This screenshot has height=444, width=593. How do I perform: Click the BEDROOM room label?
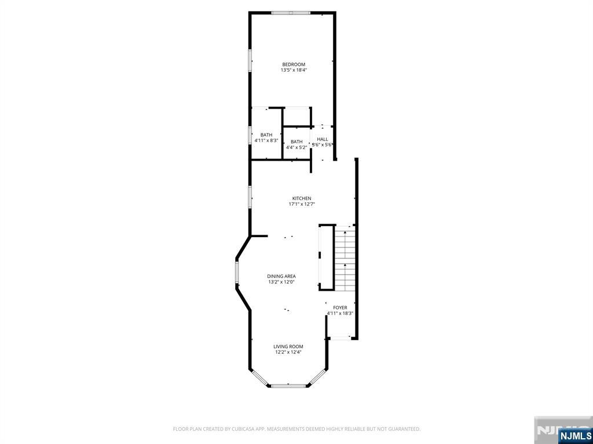[294, 65]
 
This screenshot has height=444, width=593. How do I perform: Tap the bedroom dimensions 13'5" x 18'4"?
[294, 70]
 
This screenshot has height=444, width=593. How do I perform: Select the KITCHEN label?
[301, 199]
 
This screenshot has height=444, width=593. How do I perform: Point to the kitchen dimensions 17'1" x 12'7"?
[301, 204]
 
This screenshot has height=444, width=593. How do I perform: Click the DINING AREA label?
[281, 276]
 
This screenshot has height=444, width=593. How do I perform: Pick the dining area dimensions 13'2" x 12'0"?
[281, 282]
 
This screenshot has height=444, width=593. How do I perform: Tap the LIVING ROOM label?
[288, 347]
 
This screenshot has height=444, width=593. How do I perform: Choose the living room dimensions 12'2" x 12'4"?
[288, 352]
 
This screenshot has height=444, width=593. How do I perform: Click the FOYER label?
[339, 308]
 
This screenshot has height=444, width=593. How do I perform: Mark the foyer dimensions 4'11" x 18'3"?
[339, 313]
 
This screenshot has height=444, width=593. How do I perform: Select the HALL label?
[323, 139]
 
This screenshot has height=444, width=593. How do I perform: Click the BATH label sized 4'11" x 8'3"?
[266, 135]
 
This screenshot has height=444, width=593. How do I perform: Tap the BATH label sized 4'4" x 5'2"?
[296, 142]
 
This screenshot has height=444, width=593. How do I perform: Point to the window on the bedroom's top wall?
[291, 13]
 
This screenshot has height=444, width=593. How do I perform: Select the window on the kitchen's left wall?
[250, 197]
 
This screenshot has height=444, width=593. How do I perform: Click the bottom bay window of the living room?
[289, 386]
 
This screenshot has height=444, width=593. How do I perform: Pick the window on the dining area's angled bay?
[237, 273]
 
